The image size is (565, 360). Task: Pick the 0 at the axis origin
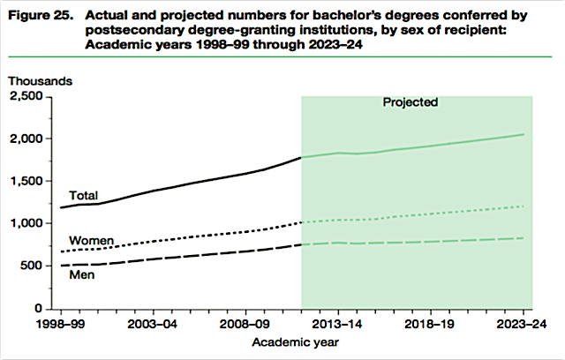(41, 310)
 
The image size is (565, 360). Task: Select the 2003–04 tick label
(153, 325)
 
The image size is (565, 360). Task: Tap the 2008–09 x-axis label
(245, 325)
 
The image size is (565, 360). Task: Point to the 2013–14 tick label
(338, 325)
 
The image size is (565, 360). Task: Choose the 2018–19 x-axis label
(431, 325)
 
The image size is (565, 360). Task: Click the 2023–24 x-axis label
(524, 325)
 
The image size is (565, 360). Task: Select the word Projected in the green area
(410, 102)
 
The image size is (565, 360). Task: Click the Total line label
(83, 195)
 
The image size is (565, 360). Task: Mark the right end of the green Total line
(524, 134)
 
